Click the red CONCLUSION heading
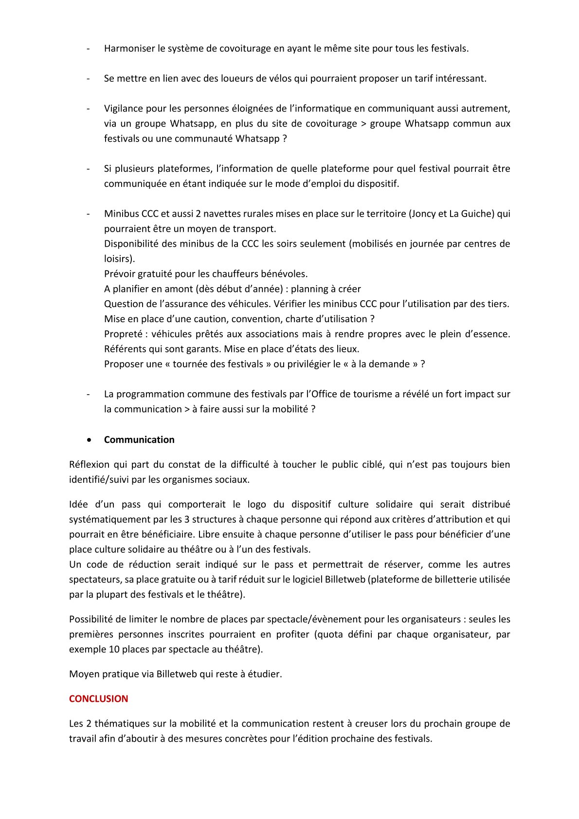tap(98, 699)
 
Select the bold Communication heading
tap(139, 440)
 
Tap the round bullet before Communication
tap(89, 440)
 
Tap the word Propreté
tap(123, 334)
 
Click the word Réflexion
tap(89, 465)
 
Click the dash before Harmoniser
tap(89, 49)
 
